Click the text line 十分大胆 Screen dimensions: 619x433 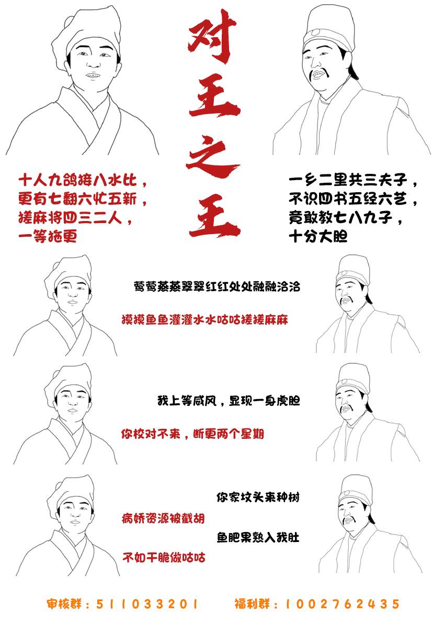(318, 237)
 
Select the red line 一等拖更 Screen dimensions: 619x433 (48, 237)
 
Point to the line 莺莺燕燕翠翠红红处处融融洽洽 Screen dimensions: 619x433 (217, 287)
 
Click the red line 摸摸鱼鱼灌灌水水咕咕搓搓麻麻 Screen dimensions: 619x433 (204, 319)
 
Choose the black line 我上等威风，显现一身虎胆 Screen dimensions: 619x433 (229, 402)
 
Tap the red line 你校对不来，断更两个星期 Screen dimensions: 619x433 (192, 434)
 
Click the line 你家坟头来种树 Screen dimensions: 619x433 (258, 496)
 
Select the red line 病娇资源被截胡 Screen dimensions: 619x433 (163, 518)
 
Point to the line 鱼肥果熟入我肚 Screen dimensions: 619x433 (258, 538)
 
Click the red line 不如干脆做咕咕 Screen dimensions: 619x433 (163, 557)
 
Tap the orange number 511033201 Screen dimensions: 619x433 (147, 604)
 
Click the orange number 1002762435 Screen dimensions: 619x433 (342, 604)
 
